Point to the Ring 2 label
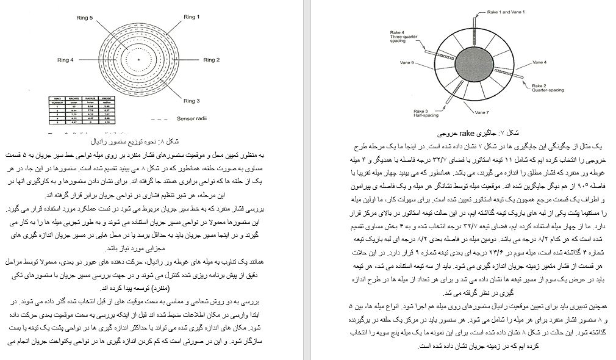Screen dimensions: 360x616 tap(212, 60)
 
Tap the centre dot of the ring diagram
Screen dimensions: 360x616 tap(139, 59)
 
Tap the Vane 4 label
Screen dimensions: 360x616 tap(539, 62)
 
